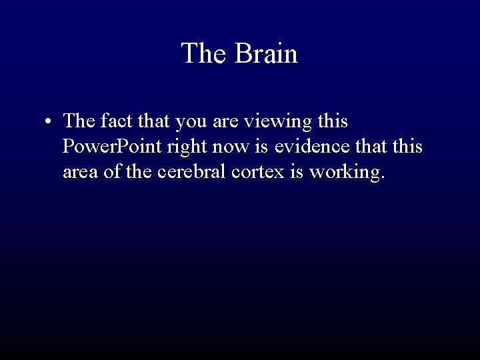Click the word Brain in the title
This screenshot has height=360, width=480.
(265, 53)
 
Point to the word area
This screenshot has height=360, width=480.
(80, 172)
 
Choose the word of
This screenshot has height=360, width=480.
(113, 172)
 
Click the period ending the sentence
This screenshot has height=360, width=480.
(383, 177)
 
